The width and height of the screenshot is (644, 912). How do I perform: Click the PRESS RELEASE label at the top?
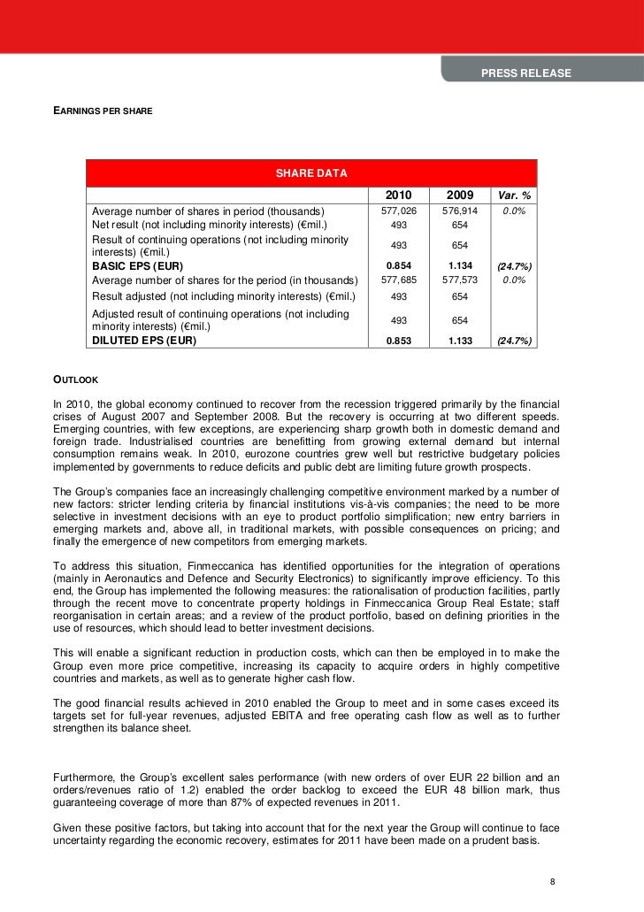(526, 73)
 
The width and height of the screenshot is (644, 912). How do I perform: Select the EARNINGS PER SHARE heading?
(103, 112)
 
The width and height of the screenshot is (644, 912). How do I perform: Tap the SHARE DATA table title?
(311, 173)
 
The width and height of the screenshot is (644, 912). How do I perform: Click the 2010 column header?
(398, 195)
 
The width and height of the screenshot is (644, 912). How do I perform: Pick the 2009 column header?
(459, 195)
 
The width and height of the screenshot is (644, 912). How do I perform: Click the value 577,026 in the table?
(398, 211)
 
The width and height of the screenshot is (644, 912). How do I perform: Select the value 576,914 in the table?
(459, 211)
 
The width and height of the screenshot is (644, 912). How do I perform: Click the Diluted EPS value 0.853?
(398, 340)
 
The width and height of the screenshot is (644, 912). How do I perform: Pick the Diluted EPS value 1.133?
(459, 340)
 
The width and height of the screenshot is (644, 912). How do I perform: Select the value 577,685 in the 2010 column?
(398, 280)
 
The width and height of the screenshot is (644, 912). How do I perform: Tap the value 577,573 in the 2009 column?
(459, 280)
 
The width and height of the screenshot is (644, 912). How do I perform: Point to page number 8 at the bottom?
(552, 882)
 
